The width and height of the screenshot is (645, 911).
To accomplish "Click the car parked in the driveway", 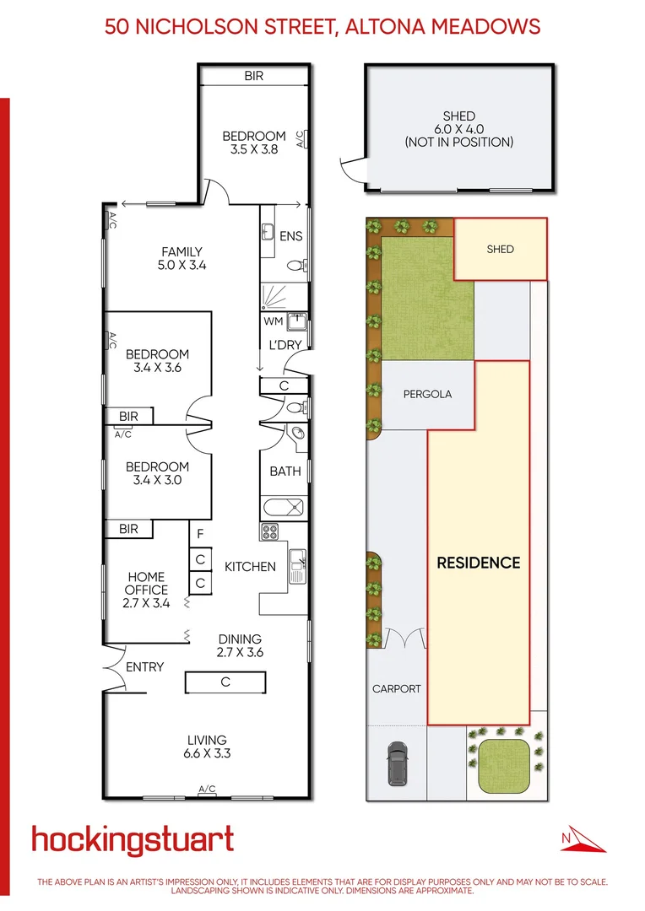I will [397, 763].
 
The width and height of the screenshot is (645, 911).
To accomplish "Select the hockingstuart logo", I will [133, 840].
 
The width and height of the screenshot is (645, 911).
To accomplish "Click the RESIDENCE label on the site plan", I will [478, 563].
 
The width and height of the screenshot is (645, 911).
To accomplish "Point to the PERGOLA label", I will [427, 394].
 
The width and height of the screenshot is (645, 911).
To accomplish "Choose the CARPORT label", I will [397, 688].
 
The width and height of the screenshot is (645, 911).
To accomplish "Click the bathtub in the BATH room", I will [285, 509].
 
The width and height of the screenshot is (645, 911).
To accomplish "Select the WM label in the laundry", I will [274, 321].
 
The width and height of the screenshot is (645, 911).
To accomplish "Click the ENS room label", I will [290, 237].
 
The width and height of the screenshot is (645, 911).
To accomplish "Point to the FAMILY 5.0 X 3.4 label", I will [182, 258].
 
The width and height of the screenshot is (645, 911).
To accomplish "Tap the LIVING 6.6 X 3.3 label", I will [207, 747].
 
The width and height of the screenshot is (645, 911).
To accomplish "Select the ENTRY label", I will [144, 667].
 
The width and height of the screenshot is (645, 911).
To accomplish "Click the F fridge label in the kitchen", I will [200, 534].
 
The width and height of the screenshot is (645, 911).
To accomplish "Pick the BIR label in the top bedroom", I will [254, 76].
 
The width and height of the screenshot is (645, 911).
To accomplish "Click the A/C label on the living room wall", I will [207, 790].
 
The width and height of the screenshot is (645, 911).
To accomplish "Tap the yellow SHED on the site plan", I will [500, 249].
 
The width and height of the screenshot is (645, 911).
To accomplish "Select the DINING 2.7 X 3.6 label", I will [240, 646].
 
